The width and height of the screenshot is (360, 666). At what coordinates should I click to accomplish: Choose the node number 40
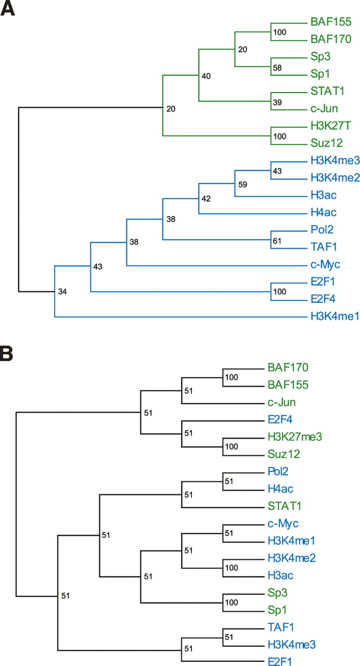[x=206, y=76]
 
